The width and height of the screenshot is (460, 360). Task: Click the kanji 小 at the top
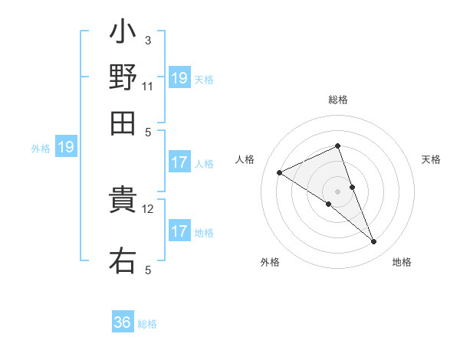tap(123, 34)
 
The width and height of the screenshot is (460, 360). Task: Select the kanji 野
tap(123, 78)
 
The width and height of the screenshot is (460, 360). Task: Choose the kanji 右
tap(123, 260)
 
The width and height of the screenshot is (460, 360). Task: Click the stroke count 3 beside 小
tap(148, 40)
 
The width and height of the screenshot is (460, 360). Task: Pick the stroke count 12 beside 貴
tap(149, 208)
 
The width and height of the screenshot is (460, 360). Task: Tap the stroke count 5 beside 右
tap(148, 270)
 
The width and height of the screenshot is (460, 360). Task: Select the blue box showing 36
tap(123, 322)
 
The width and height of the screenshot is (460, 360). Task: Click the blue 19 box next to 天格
tap(179, 77)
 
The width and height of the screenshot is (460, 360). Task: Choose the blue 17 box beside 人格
tap(179, 162)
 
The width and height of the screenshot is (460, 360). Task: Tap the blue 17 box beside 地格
tap(179, 231)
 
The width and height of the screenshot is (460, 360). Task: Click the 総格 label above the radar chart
tap(338, 100)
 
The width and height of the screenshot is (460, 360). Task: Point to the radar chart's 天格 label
tap(431, 159)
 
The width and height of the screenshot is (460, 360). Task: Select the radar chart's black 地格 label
tap(402, 262)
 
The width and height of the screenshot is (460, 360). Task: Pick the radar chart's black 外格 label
tap(270, 262)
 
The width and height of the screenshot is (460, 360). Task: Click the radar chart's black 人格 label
tap(245, 159)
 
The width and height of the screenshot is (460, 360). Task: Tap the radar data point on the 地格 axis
tap(374, 242)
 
